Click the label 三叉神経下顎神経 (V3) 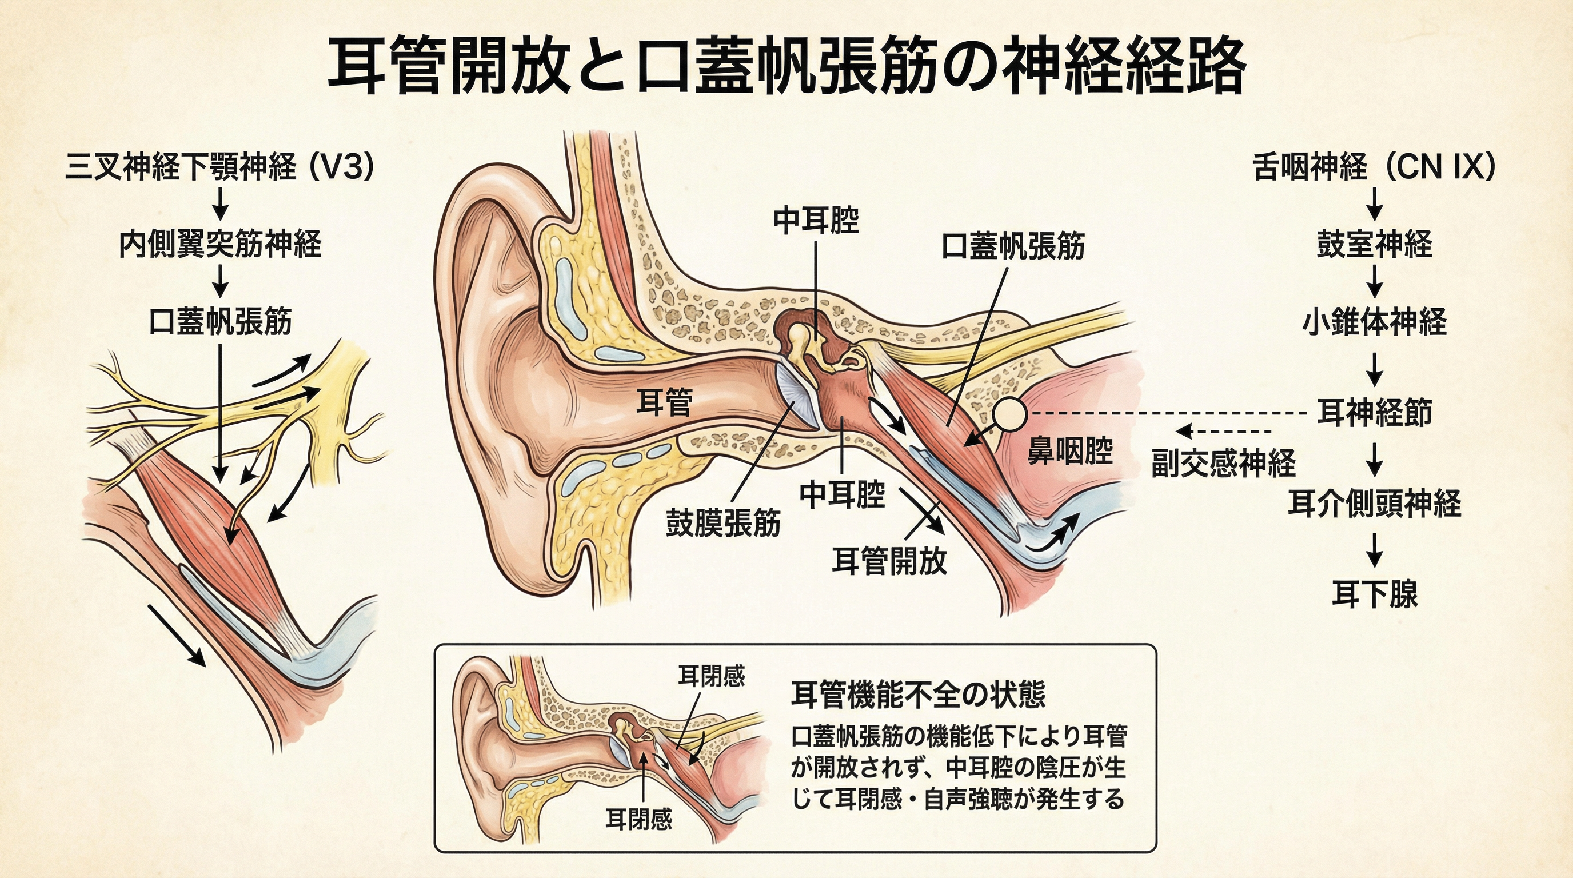[219, 167]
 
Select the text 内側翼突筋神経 [220, 244]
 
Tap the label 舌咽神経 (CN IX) [1374, 167]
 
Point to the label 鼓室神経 [1374, 244]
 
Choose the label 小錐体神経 [1374, 322]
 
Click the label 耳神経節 [1374, 412]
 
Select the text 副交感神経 [1223, 463]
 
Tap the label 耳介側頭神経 [1374, 503]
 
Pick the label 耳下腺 [1374, 593]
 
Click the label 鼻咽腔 [1070, 451]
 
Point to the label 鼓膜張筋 [723, 524]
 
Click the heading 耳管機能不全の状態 [919, 694]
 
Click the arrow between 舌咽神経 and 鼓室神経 [1374, 204]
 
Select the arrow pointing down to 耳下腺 [1374, 549]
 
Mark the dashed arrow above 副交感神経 [1223, 431]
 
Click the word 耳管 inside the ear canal [664, 402]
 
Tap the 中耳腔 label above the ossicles [816, 221]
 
